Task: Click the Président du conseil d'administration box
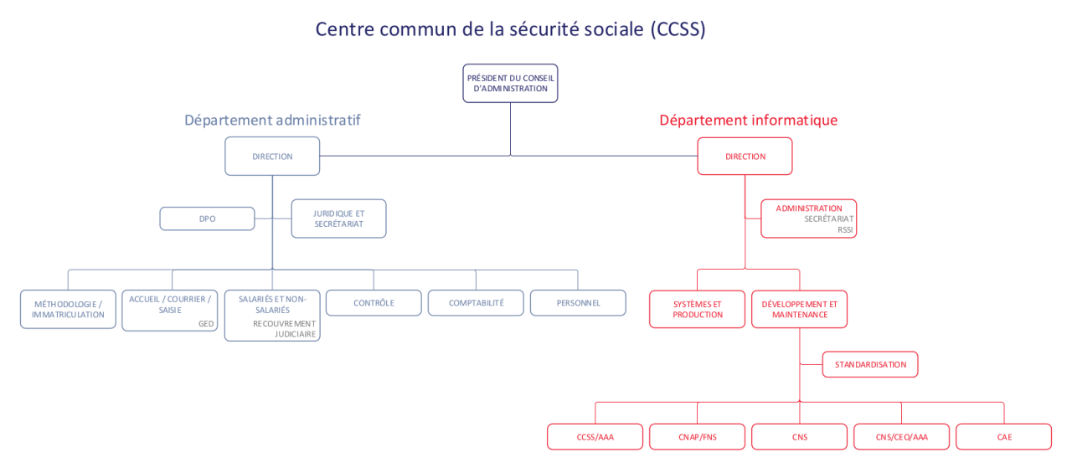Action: (x=510, y=83)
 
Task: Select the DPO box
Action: (x=207, y=219)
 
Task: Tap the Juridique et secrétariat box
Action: (x=339, y=219)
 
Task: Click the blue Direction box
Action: (x=272, y=157)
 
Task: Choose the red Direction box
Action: (x=745, y=157)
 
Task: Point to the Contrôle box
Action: (x=374, y=303)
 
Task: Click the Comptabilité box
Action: (x=477, y=303)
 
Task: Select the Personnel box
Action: (x=578, y=303)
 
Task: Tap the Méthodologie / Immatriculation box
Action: (x=68, y=309)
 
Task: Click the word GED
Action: (x=206, y=324)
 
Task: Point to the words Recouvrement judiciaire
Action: (x=284, y=328)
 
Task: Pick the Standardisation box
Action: (x=870, y=364)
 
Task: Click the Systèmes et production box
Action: (x=698, y=309)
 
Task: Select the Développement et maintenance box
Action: (x=799, y=309)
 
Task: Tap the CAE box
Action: (x=1003, y=437)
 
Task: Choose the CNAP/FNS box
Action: (x=698, y=437)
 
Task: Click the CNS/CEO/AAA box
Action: (x=902, y=437)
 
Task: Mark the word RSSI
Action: (x=845, y=229)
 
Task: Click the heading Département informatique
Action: (x=749, y=120)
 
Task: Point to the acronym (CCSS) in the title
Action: (x=678, y=29)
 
